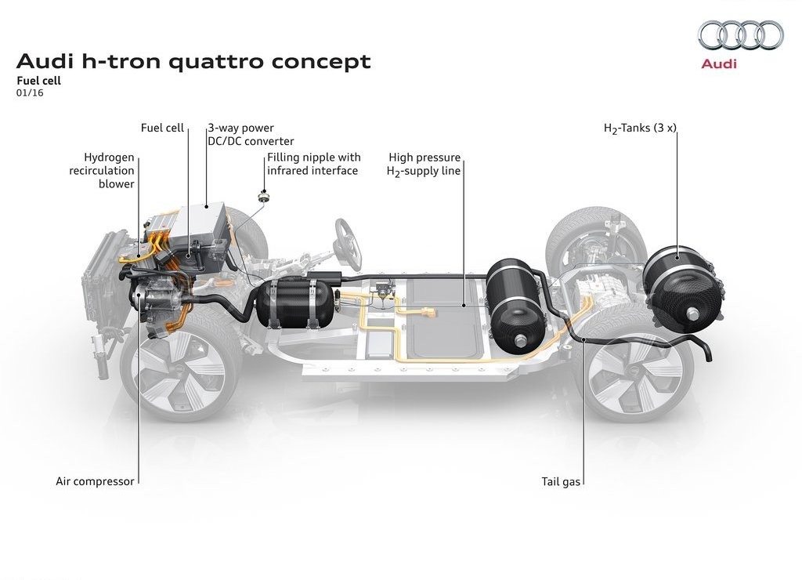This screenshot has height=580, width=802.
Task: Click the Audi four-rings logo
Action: coord(741,35)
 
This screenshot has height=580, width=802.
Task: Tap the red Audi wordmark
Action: coord(719,63)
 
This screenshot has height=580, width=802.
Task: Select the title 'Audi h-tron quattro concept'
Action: coord(193,61)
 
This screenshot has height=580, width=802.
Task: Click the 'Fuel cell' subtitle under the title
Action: coord(39,81)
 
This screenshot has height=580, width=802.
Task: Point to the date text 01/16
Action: coord(30,92)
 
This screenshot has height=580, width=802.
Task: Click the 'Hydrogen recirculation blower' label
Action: coord(102,170)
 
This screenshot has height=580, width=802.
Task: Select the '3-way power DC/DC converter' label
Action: coord(251,134)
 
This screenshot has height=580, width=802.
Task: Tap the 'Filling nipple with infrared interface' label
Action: coord(313,164)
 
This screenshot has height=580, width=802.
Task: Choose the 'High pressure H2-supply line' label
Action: coord(424,165)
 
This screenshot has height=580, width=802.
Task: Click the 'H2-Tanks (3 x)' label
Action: coord(640,128)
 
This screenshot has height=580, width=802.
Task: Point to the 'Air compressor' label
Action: coord(95,481)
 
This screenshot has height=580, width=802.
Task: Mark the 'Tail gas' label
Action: coord(561,481)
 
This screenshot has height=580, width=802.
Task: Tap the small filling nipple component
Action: coord(263,197)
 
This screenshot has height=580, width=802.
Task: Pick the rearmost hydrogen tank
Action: coord(682,287)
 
